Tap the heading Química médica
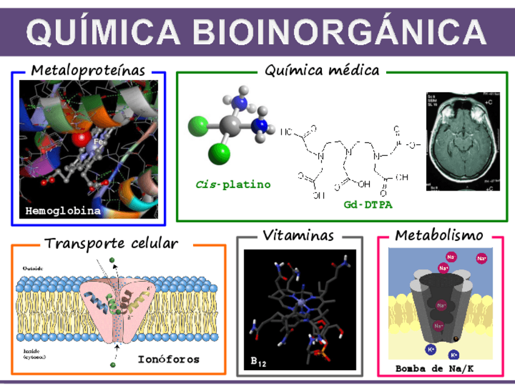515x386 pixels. tap(322, 70)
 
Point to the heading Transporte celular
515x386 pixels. tap(112, 243)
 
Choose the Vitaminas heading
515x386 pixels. tap(299, 235)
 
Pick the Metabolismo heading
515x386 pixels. tap(440, 235)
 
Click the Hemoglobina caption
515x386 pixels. tap(63, 211)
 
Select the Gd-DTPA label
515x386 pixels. tap(364, 205)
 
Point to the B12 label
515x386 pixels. tap(259, 362)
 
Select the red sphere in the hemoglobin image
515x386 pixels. tap(80, 139)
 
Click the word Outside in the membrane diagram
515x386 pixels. tap(33, 268)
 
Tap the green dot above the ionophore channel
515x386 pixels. tap(112, 260)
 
